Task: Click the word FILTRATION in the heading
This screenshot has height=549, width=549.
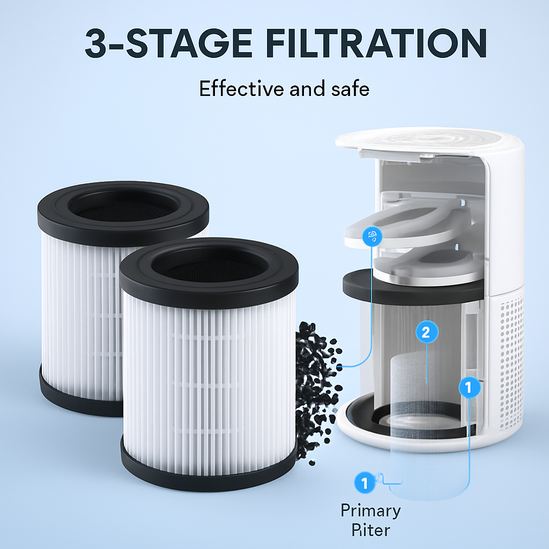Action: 376,43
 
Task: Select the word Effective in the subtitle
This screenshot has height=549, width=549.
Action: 241,88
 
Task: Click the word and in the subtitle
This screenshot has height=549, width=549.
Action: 307,88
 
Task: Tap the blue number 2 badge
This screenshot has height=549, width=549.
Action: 427,332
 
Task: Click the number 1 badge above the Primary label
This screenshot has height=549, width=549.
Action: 365,483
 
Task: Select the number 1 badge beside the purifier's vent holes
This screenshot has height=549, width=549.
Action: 470,387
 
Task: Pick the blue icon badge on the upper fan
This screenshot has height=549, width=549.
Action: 372,236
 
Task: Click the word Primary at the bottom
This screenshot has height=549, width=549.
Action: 371,511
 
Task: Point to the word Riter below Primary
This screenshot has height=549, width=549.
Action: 371,530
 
